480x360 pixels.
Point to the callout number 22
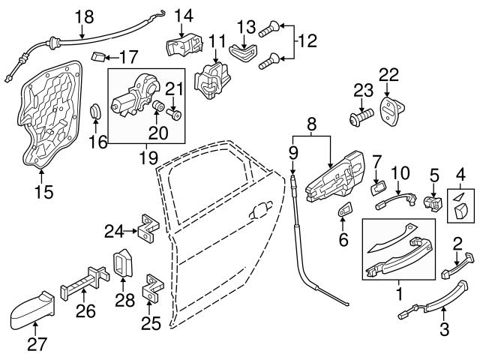pos(388,74)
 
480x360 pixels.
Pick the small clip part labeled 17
pos(97,55)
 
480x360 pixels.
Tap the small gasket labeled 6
pos(345,211)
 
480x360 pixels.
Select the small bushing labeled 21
pos(176,115)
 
